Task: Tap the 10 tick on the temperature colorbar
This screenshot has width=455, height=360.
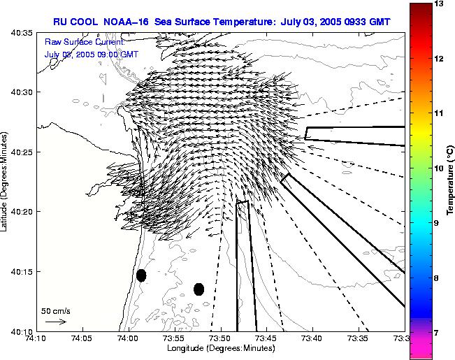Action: pyautogui.click(x=439, y=168)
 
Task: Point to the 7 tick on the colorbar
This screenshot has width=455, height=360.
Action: pyautogui.click(x=438, y=333)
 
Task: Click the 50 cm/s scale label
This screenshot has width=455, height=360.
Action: pyautogui.click(x=56, y=310)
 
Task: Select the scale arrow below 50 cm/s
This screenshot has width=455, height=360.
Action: pyautogui.click(x=55, y=322)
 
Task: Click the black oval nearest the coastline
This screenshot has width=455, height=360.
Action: pyautogui.click(x=141, y=275)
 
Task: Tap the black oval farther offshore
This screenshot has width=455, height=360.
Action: pyautogui.click(x=198, y=289)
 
